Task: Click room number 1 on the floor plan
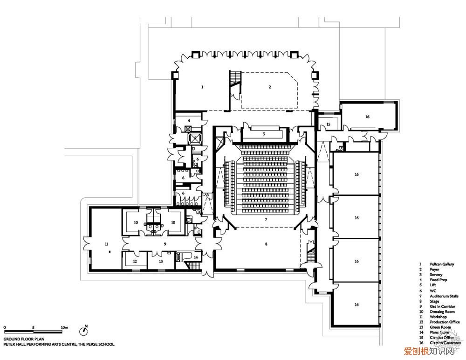202,87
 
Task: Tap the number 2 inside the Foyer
269,87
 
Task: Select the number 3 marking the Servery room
263,134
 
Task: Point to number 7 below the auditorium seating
266,219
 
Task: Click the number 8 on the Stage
266,244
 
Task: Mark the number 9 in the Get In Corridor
164,244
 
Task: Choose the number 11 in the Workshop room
106,244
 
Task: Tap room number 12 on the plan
135,262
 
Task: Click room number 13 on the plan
161,262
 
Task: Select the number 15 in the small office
328,125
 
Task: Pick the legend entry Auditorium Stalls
444,296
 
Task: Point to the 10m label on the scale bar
64,328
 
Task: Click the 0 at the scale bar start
4,328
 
